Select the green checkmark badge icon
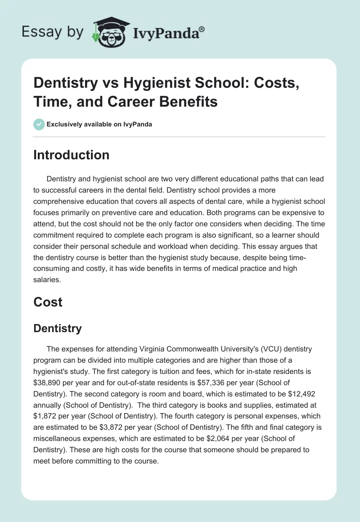point(39,125)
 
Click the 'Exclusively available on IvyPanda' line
point(99,125)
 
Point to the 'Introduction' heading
point(72,155)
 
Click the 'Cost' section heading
point(48,302)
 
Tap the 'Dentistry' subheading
point(58,328)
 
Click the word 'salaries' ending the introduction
point(48,280)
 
